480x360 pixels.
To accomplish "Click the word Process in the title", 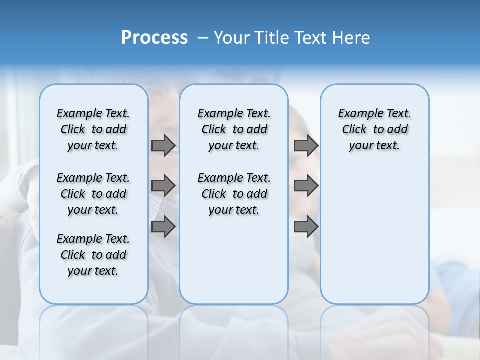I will (x=154, y=37).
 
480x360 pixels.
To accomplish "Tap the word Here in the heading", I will (x=351, y=38).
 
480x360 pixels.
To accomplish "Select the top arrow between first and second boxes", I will (x=163, y=145).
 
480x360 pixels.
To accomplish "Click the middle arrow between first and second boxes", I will (x=163, y=186).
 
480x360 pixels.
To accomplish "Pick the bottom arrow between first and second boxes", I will (x=163, y=227).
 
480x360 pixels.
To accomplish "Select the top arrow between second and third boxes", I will (x=306, y=145).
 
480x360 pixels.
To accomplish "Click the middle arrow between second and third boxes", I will (x=306, y=186).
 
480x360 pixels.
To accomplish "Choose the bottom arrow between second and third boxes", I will (x=306, y=227).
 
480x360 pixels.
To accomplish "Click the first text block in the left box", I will (x=93, y=129).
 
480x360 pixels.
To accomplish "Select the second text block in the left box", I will (x=93, y=194).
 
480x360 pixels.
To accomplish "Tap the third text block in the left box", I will (x=93, y=255).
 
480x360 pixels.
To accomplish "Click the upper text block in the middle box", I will (x=234, y=129).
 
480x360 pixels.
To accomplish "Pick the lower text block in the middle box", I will (x=234, y=194).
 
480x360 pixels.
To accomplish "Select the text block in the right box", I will (x=374, y=129).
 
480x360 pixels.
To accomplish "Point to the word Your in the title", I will (x=231, y=38).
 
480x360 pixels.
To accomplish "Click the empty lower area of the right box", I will (x=374, y=235).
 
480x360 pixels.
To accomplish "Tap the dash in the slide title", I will (x=203, y=38).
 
